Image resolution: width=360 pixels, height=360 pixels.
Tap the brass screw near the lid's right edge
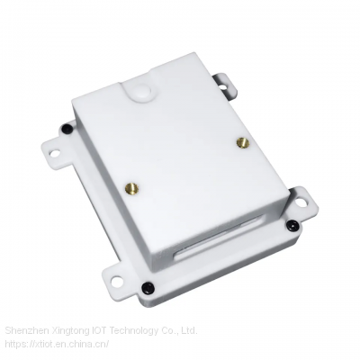pos(241,142)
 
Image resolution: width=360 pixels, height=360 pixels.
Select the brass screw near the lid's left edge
pos(132,188)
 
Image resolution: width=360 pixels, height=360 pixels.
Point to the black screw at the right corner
pos(291,225)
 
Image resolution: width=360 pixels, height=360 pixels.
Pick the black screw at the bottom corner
pos(147,289)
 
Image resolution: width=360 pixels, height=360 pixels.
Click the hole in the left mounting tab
pos(53,153)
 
